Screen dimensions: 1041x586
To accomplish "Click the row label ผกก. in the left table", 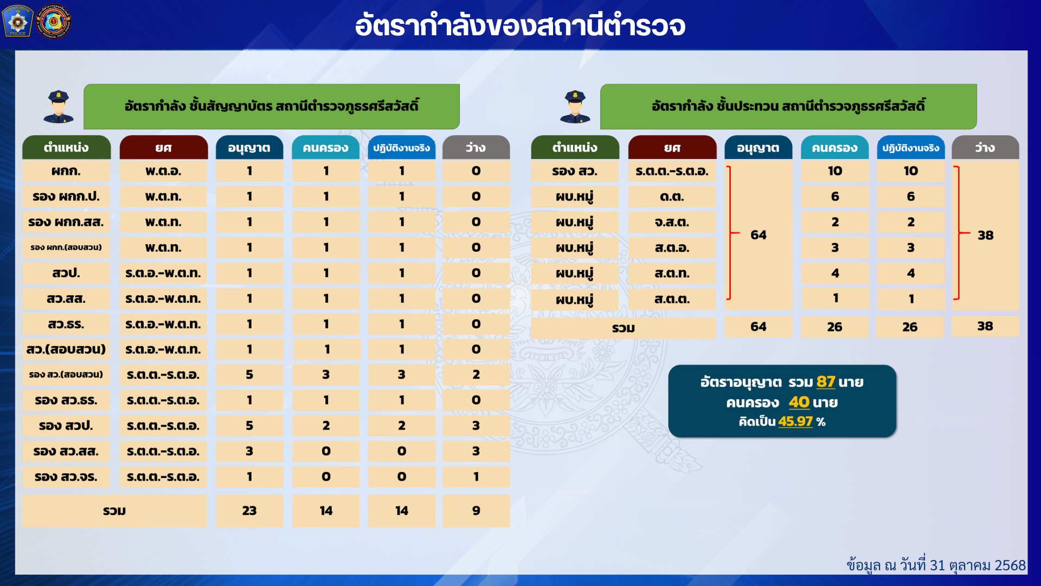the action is coord(66,171).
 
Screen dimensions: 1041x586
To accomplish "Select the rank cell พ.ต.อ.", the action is coord(163,171).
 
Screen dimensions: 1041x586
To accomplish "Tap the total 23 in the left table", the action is coord(249,511).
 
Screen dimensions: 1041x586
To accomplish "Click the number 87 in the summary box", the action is coord(826,382).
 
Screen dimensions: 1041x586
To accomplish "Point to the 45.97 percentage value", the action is coord(795,422).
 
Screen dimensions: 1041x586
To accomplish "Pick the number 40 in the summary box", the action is coord(799,402).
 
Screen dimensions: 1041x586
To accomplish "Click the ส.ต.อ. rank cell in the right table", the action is coord(672,248).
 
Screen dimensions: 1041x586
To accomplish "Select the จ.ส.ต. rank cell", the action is coord(672,222).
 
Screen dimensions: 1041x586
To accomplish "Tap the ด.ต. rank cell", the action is coord(672,197).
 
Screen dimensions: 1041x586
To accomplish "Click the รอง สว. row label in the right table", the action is coord(575,171).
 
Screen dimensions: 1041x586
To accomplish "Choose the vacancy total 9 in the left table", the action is coord(476,511).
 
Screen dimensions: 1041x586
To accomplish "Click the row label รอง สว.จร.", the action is coord(66,477).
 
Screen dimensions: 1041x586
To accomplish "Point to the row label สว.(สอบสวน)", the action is coord(66,349).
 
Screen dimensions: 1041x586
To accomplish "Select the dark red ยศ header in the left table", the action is coord(163,148).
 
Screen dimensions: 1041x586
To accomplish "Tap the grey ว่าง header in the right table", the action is coord(985,148).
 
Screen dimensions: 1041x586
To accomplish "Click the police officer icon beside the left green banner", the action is coord(59,106).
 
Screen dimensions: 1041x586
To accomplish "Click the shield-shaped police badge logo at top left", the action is coord(18,21).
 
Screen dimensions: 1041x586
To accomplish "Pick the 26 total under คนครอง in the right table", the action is coord(834,327).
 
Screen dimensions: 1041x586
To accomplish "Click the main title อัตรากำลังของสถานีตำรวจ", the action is coord(520,26).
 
